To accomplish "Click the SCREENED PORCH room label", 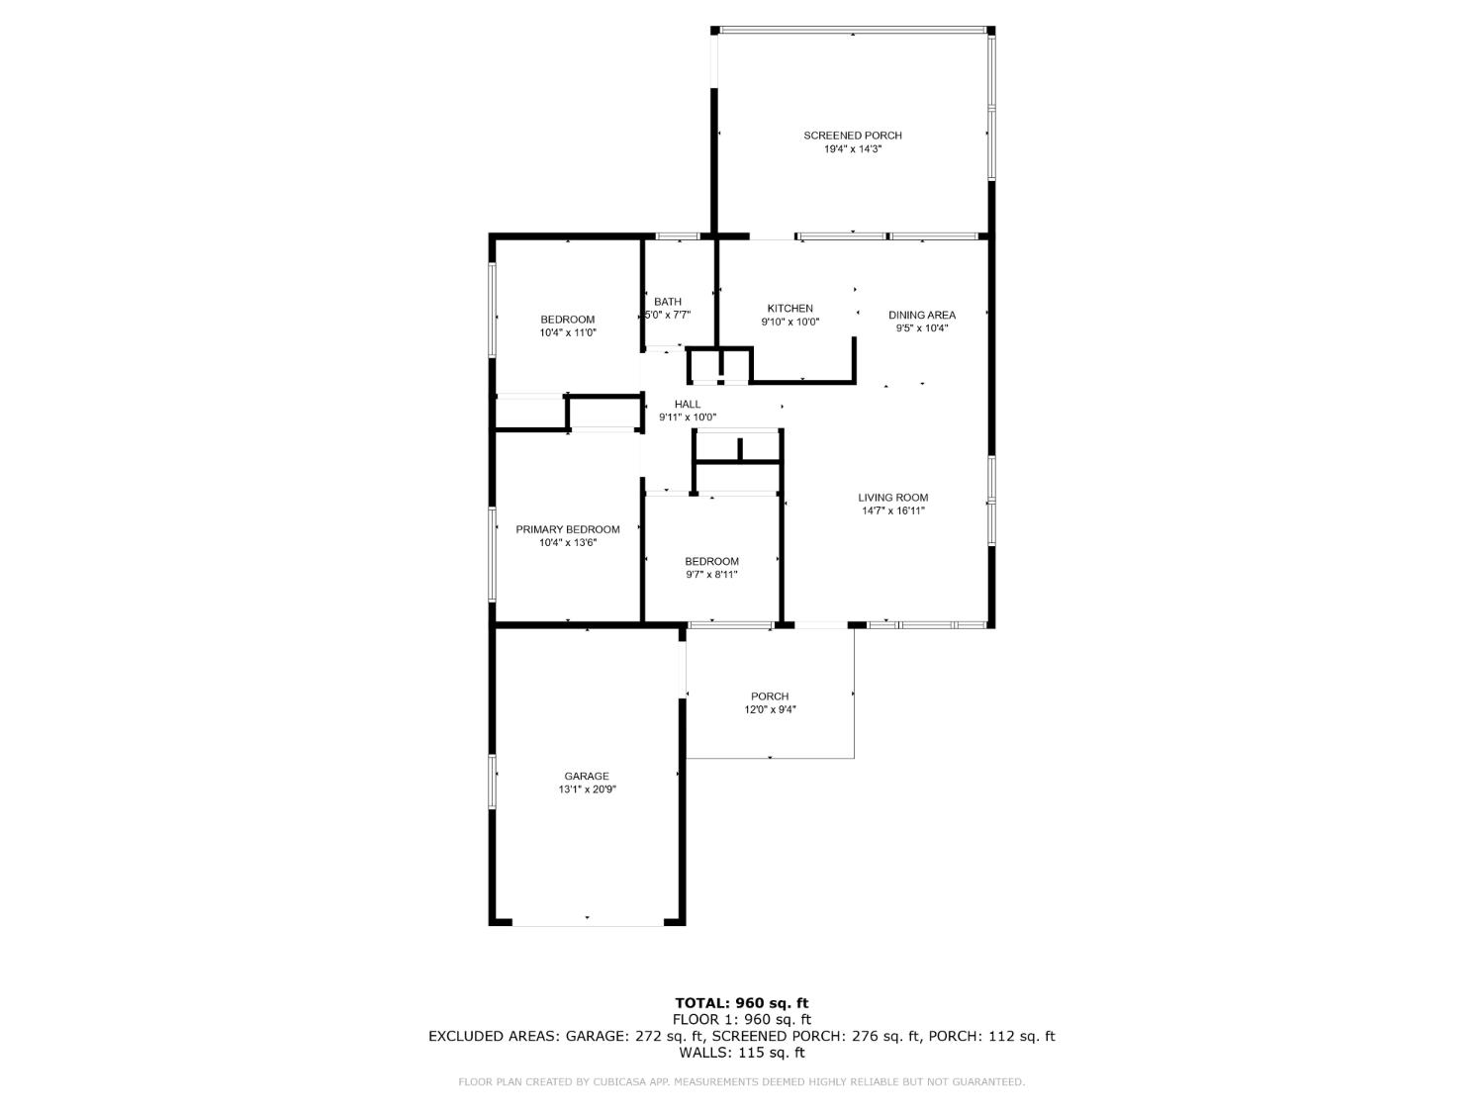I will point(852,136).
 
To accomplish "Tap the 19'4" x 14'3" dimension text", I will point(852,149).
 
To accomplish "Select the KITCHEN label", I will point(789,309).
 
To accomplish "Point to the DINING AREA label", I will point(921,315).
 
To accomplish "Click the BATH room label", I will point(668,302).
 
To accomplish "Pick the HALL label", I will point(687,404).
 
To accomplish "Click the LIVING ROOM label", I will point(892,498).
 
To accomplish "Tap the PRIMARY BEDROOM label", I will point(567,529).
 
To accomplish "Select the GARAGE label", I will point(587,776).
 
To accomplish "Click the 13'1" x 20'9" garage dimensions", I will point(587,789).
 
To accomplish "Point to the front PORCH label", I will point(769,696).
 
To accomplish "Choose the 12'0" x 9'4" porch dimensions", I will point(769,709).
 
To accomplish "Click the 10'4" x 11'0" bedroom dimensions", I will point(567,333).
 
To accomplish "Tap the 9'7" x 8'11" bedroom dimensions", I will point(711,575).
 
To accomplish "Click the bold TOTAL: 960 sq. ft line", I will point(741,1003).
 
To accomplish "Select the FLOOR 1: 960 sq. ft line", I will point(741,1019).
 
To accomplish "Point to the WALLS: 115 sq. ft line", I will point(741,1053).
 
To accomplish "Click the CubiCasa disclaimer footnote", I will point(741,1082).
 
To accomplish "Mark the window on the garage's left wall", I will point(492,782).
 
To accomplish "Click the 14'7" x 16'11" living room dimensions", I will point(892,511).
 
